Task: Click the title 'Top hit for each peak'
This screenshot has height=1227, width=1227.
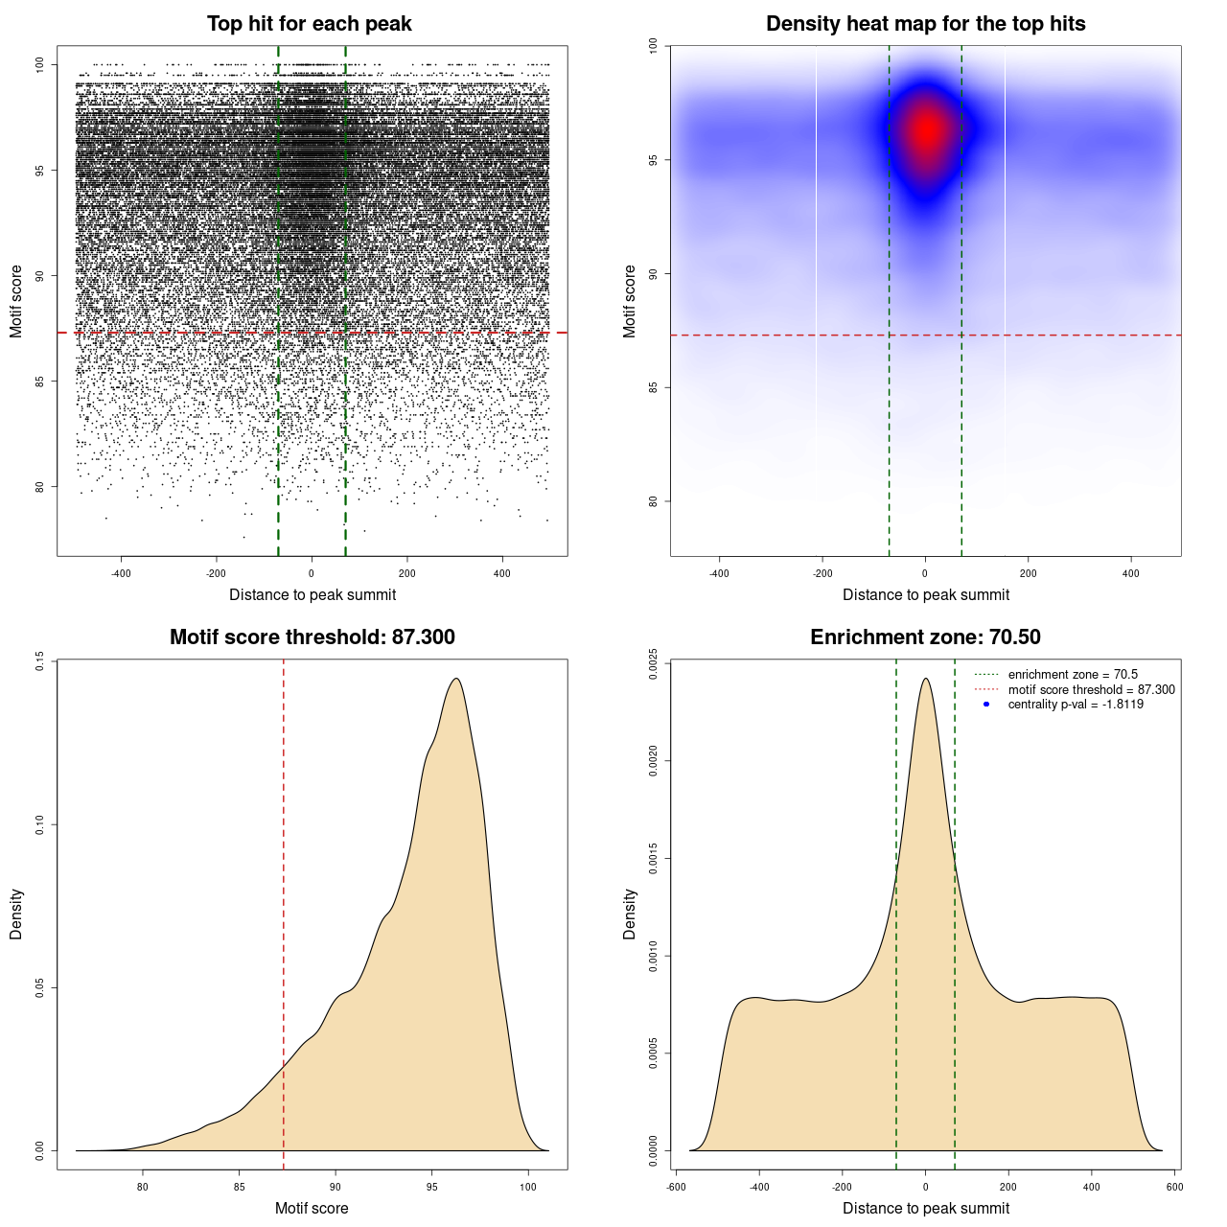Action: coord(309,24)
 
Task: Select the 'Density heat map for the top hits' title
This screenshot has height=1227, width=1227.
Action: coord(925,24)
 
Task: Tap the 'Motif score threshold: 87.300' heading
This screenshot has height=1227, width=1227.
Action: coord(312,637)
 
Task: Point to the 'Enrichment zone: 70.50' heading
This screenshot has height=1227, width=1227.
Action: coord(925,637)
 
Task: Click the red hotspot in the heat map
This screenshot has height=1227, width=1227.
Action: coord(926,131)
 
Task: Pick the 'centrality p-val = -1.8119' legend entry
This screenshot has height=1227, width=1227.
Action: coord(1076,705)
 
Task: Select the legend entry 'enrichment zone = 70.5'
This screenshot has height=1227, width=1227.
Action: coord(1073,675)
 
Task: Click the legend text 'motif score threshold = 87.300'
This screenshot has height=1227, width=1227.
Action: coord(1091,690)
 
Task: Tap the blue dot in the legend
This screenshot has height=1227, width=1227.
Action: coord(986,705)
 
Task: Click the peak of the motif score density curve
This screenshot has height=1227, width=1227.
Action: coord(457,679)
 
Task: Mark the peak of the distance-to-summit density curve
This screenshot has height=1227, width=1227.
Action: coord(925,679)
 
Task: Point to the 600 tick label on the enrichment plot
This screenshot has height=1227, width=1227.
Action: coord(1174,1187)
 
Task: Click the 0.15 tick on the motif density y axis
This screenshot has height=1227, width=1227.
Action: coord(39,660)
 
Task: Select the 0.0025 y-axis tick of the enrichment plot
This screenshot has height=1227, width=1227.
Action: coord(653,663)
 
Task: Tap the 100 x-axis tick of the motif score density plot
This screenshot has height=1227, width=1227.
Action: coord(528,1187)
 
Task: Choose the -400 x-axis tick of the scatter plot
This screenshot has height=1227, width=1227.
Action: coord(121,573)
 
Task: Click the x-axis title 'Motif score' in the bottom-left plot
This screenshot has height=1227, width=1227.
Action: coord(312,1208)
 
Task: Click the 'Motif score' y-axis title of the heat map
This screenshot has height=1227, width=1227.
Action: coord(630,301)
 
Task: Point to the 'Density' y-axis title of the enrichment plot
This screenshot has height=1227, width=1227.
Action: coord(630,914)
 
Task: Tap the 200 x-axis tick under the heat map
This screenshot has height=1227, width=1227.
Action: coord(1028,573)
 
